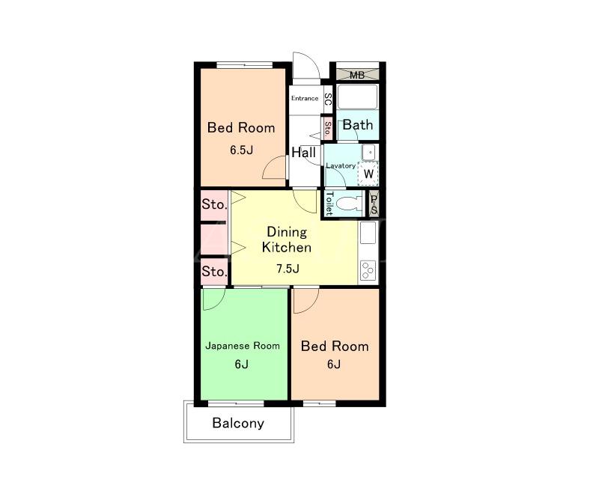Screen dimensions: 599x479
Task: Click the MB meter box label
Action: (x=357, y=76)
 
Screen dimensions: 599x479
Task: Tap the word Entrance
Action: (x=305, y=98)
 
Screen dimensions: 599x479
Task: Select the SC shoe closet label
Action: (x=328, y=100)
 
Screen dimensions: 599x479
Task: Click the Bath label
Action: (x=358, y=124)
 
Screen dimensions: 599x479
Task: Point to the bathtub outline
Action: (x=358, y=97)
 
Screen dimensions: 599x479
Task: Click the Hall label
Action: (x=304, y=153)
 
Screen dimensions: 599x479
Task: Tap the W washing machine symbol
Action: (x=368, y=174)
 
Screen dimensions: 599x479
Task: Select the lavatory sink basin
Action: (x=369, y=153)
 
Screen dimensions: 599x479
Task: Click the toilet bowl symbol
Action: (x=349, y=204)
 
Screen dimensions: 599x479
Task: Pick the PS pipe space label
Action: (x=374, y=204)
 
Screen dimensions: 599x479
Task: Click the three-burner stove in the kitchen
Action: (x=368, y=269)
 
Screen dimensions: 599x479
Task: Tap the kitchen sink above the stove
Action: (x=368, y=233)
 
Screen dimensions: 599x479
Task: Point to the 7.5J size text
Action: (x=288, y=269)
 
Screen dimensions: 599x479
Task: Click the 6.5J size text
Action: (x=241, y=150)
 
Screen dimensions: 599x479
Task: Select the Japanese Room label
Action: (x=243, y=346)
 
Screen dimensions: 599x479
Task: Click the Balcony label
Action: (x=238, y=423)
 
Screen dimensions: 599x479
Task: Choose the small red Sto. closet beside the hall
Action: (x=327, y=129)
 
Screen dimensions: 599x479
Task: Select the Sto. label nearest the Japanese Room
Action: (x=214, y=272)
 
